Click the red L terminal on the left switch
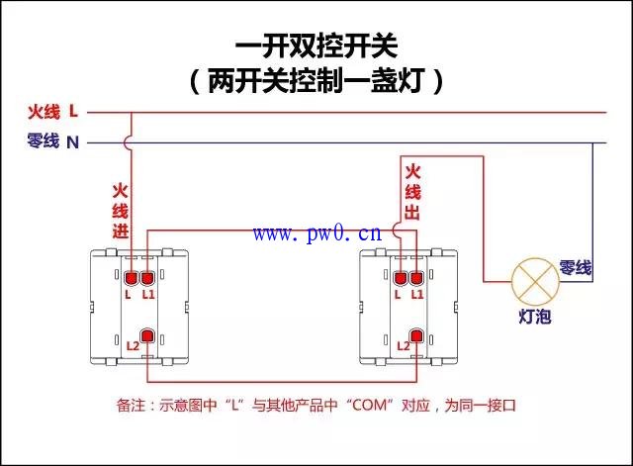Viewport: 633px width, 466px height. [132, 278]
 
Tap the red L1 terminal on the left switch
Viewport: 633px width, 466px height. [147, 278]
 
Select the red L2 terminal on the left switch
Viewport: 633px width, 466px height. [147, 336]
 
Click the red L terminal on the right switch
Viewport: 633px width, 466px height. [401, 278]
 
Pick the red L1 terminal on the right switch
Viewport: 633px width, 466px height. [416, 278]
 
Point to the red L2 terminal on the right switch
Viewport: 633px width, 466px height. [416, 336]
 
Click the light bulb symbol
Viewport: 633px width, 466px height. [535, 282]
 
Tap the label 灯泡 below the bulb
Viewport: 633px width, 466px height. [535, 317]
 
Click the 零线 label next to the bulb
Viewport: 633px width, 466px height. [576, 268]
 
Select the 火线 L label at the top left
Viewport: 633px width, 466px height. [52, 111]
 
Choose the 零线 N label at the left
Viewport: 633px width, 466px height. [52, 141]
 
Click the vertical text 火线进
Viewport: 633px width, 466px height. [121, 211]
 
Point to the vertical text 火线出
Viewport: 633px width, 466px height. [412, 192]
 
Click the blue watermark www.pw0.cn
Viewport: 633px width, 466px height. [317, 233]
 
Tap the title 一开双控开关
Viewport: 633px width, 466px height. [316, 46]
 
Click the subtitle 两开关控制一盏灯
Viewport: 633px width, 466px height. [316, 81]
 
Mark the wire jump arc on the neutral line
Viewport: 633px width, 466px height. [127, 142]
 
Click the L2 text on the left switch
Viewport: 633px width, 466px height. [133, 346]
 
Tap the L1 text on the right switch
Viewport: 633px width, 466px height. [417, 295]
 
